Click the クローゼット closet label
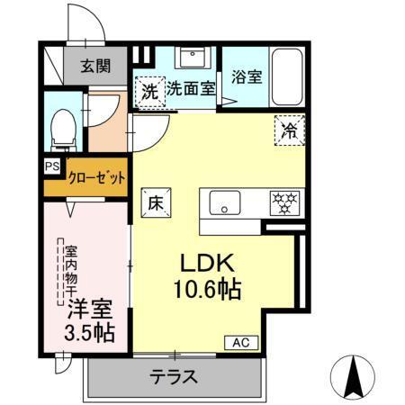(x=95, y=177)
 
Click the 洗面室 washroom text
(x=190, y=89)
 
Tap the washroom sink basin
(x=192, y=59)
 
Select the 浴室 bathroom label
(x=247, y=76)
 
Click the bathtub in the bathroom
(x=287, y=76)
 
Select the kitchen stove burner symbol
(x=285, y=202)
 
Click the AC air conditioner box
(x=242, y=342)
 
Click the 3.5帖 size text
(x=89, y=332)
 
